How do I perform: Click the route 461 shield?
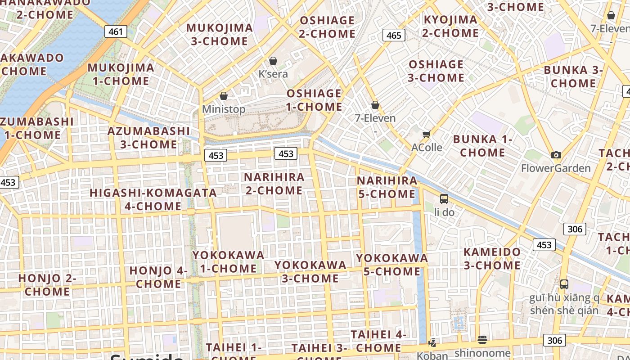tap(116, 31)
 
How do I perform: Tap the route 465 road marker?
tap(394, 35)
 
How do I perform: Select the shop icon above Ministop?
tap(224, 96)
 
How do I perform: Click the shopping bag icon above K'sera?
tap(273, 61)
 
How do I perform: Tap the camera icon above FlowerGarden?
tap(556, 155)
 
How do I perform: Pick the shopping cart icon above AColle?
tap(427, 134)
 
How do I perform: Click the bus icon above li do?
tap(444, 198)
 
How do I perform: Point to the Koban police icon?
tap(432, 343)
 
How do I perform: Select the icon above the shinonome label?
tap(482, 339)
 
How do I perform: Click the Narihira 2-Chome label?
tap(274, 184)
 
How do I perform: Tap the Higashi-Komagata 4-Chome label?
tap(153, 199)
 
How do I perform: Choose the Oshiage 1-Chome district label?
tap(315, 100)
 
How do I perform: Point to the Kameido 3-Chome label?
tap(492, 258)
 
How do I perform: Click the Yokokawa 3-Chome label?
tap(310, 271)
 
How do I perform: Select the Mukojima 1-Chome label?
tap(121, 74)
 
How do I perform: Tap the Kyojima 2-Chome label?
tap(450, 26)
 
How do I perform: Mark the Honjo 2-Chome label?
tap(47, 285)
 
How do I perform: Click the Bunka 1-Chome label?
tap(482, 146)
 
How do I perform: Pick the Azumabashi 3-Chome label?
tap(148, 138)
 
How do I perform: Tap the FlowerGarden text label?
tap(556, 168)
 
